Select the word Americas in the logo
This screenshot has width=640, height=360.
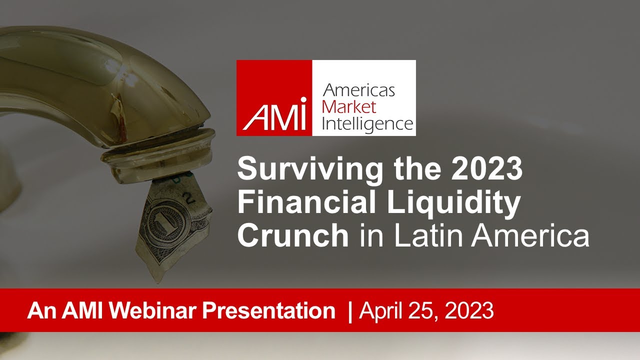coord(359,90)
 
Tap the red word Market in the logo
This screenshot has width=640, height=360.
coord(349,106)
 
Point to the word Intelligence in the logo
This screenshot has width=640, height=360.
coord(367,123)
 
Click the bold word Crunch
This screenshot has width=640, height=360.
coord(293,236)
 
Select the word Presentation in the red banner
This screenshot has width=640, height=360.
coord(268,310)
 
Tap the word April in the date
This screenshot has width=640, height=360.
coord(382,310)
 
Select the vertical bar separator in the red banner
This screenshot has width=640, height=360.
coord(350,310)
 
